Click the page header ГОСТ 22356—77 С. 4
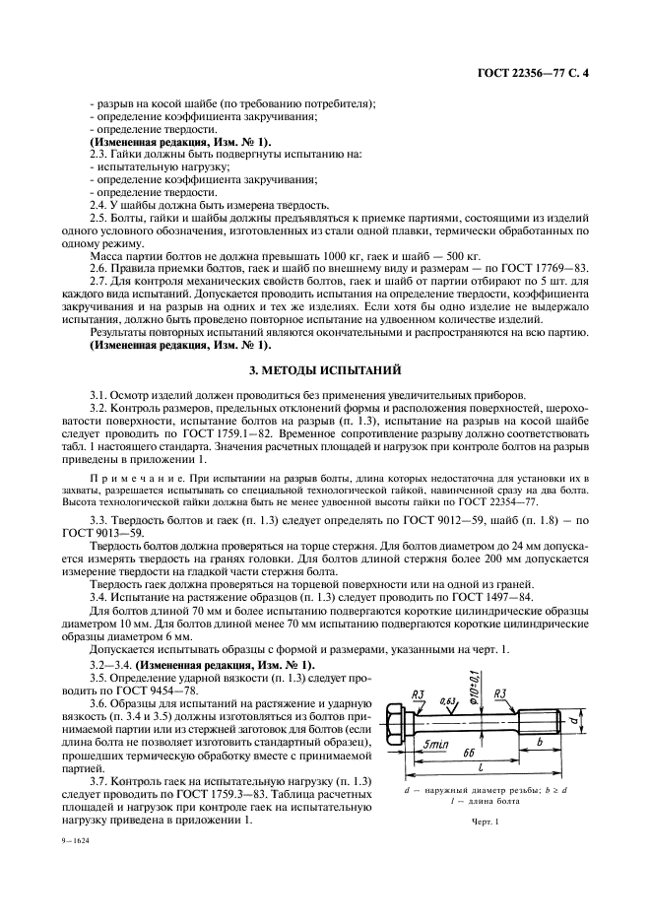point(552,74)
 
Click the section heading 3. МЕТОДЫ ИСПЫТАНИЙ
point(325,369)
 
